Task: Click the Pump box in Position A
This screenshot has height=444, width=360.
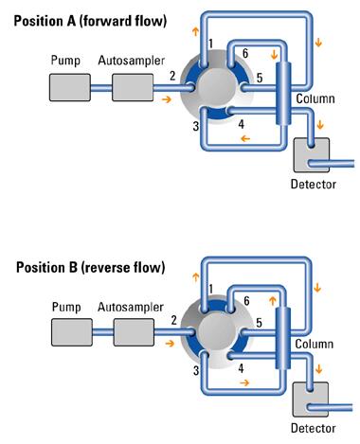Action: tap(70, 87)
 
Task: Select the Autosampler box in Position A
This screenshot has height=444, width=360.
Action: tap(133, 87)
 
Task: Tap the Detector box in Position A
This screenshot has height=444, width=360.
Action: tap(312, 155)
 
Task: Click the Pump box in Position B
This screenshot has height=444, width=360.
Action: tap(72, 332)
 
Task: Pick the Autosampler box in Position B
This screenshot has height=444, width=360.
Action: tap(134, 332)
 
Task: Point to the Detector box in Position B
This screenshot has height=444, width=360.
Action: tap(311, 400)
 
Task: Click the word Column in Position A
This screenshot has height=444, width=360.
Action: tap(315, 98)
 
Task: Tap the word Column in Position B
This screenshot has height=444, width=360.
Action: tap(315, 344)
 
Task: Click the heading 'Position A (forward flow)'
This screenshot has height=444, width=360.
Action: tap(90, 21)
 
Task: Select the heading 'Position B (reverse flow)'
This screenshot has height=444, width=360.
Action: tap(91, 267)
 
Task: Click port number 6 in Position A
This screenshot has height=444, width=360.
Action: tap(245, 53)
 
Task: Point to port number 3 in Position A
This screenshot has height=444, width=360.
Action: tap(196, 126)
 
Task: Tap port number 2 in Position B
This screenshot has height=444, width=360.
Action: tap(174, 320)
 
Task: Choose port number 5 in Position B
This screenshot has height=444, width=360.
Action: tap(259, 323)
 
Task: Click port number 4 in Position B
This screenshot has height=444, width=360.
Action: tap(241, 368)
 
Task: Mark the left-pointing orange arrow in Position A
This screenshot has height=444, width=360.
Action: tap(245, 138)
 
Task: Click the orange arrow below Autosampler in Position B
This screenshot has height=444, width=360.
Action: tap(170, 343)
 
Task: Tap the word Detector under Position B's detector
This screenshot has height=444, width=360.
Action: tap(313, 428)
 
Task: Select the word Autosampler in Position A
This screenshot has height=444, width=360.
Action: tap(132, 61)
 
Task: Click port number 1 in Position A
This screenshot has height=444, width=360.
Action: tap(210, 44)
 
